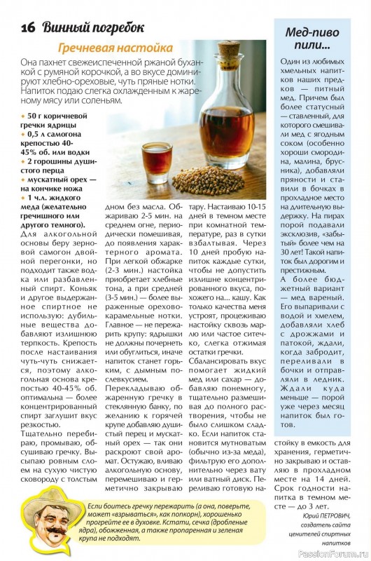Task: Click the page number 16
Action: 29,28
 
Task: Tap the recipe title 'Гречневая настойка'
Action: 115,48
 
